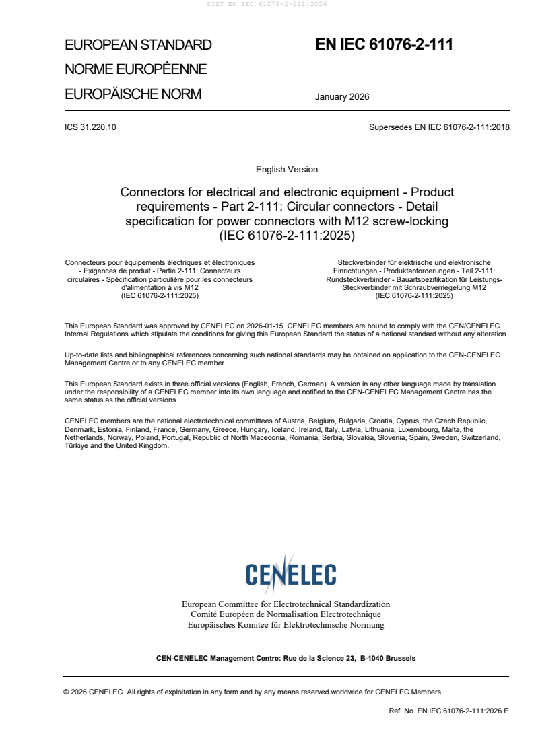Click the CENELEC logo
pyautogui.click(x=290, y=575)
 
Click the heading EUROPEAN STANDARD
pyautogui.click(x=138, y=45)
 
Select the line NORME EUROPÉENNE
pyautogui.click(x=135, y=69)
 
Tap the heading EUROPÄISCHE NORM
pyautogui.click(x=133, y=94)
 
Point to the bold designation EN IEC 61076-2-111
pyautogui.click(x=384, y=45)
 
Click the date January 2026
pyautogui.click(x=342, y=96)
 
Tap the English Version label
pyautogui.click(x=287, y=169)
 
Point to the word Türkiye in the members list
pyautogui.click(x=77, y=445)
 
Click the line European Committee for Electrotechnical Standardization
pyautogui.click(x=286, y=604)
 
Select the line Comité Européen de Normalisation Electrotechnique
pyautogui.click(x=286, y=614)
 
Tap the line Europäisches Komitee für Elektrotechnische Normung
pyautogui.click(x=286, y=625)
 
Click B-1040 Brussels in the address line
pyautogui.click(x=388, y=658)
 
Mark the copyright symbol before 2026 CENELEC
pyautogui.click(x=66, y=691)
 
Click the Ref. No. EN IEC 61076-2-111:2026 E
pyautogui.click(x=448, y=711)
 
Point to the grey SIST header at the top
pyautogui.click(x=267, y=4)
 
